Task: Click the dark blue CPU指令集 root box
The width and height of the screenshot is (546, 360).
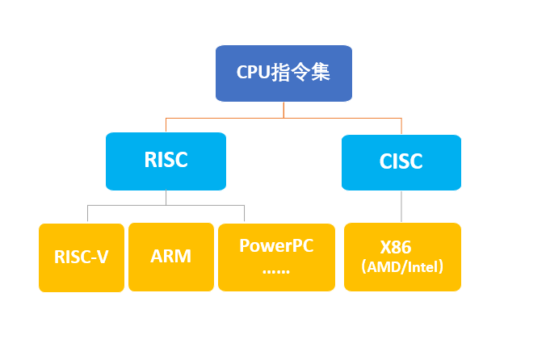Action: pos(283,73)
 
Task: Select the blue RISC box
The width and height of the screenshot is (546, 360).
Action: pos(166,161)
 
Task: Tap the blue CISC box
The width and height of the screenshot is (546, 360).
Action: pos(401,162)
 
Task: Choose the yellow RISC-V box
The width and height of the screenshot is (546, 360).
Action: pos(82,257)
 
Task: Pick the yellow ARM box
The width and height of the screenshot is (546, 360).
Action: pos(170,257)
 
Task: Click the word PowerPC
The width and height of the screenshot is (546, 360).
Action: pos(276,245)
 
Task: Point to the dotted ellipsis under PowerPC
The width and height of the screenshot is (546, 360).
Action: pos(276,269)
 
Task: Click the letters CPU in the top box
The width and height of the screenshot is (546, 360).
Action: pos(252,71)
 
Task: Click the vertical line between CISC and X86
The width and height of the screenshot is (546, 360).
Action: pos(401,207)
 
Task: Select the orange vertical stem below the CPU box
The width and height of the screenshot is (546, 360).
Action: pos(283,110)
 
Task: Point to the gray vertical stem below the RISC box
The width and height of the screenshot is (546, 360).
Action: pos(166,197)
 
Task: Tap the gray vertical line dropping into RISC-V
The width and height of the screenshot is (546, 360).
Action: pos(87,214)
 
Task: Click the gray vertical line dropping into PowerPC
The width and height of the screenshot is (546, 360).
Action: pos(245,214)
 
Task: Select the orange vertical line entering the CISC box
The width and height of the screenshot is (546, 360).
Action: pos(401,127)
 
